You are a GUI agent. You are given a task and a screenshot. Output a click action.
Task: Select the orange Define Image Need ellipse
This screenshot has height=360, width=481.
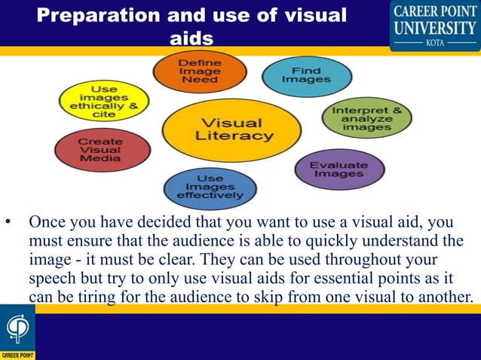click(198, 70)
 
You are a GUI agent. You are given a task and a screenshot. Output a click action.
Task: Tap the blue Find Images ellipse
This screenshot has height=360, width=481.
click(306, 76)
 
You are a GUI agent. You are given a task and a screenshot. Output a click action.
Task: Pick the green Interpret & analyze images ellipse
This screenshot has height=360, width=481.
click(366, 119)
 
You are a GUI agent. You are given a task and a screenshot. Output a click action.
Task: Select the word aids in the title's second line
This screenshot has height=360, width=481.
click(192, 38)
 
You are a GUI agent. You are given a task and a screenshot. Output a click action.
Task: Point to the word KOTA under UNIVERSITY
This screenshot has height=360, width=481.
click(434, 42)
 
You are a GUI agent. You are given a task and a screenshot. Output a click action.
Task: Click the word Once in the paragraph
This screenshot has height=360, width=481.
click(49, 223)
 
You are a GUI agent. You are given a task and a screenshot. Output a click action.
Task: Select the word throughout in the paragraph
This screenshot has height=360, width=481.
click(349, 259)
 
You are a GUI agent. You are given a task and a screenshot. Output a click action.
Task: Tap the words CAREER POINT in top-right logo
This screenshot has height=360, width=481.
click(434, 11)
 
